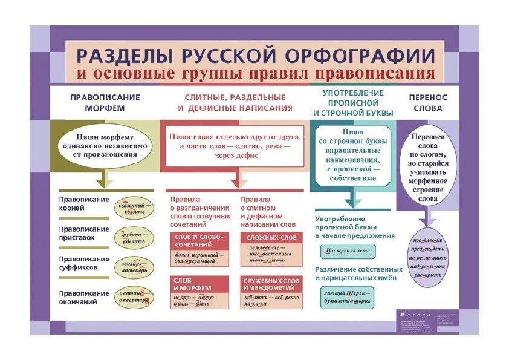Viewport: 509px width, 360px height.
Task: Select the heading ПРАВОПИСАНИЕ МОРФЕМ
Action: pos(105,102)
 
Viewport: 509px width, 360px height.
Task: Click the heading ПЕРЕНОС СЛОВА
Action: pos(427,102)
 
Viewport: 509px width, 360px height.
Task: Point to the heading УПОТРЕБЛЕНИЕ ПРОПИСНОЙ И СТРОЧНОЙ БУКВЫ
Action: pos(354,102)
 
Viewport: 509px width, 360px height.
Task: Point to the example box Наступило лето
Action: pos(348,250)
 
